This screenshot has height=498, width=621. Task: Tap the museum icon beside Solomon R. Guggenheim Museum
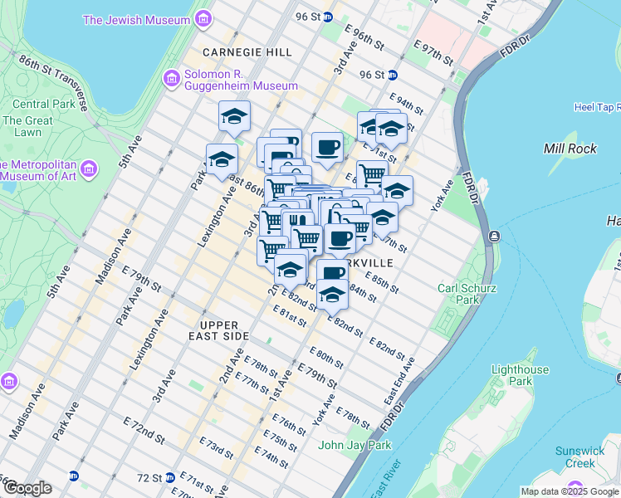[172, 79]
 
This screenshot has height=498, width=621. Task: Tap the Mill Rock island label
[570, 149]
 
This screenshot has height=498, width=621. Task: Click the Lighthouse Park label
[520, 376]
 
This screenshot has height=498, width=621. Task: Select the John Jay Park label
[355, 445]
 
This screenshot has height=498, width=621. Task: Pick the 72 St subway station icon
[169, 477]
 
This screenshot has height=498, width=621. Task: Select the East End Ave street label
[399, 382]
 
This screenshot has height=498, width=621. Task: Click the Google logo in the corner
[27, 488]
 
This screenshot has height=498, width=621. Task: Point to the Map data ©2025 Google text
[570, 491]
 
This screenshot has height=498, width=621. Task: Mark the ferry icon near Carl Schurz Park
[494, 237]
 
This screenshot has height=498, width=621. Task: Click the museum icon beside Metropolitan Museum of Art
[90, 170]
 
